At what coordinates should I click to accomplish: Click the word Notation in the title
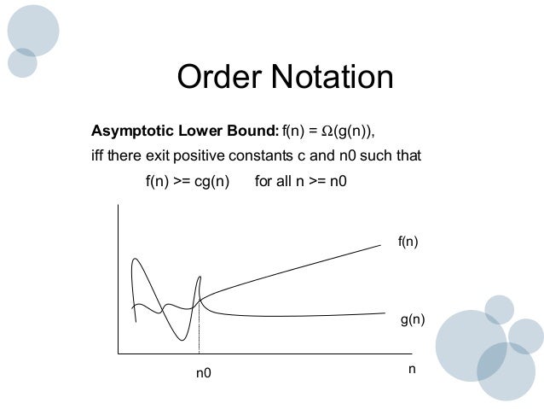tap(332, 78)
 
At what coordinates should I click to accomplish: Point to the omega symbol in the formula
tap(327, 131)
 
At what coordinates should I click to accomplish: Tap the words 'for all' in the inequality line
tap(275, 182)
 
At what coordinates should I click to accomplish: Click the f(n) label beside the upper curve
tap(409, 243)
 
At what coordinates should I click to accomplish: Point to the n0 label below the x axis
tap(203, 373)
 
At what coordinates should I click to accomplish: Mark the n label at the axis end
tap(412, 369)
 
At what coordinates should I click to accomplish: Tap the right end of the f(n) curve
tap(379, 245)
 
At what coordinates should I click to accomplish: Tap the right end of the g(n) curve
tap(385, 313)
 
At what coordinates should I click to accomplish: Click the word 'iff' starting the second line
tap(99, 157)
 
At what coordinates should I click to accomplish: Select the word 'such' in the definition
tap(376, 157)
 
